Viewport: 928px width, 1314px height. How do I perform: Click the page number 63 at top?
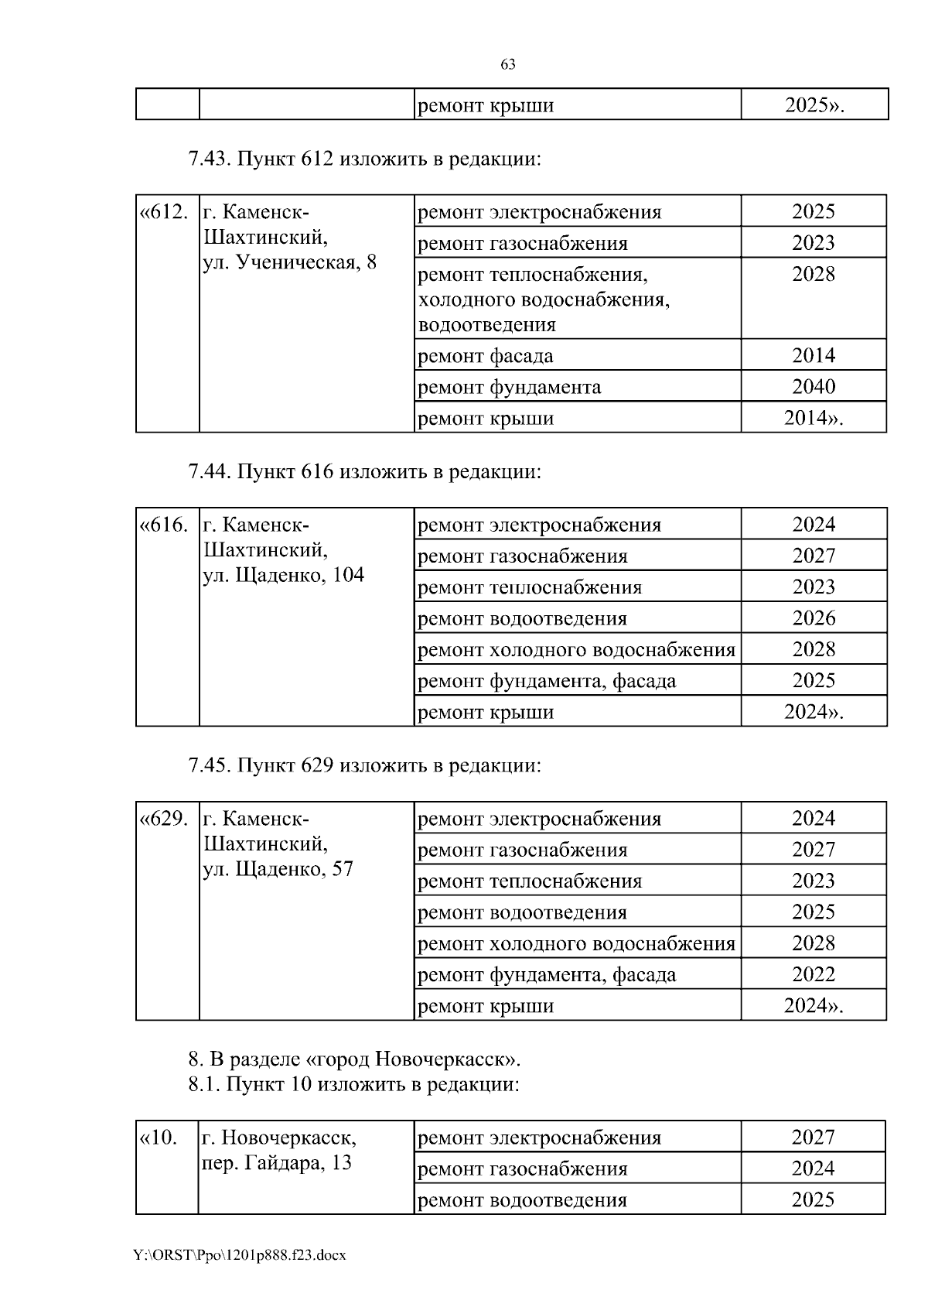[x=508, y=65]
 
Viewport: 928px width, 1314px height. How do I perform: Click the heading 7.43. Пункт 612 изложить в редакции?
[x=363, y=159]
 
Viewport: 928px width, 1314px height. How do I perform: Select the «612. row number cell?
[x=164, y=212]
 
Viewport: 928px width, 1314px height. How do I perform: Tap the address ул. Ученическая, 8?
[x=290, y=262]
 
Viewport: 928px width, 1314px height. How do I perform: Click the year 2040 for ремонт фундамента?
[x=814, y=386]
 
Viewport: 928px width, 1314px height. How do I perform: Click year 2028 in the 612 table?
[x=814, y=274]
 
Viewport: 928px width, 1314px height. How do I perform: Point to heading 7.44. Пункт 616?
[x=363, y=471]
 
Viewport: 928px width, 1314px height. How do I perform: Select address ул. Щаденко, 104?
[x=283, y=575]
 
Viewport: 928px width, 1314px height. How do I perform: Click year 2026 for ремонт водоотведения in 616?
[x=814, y=618]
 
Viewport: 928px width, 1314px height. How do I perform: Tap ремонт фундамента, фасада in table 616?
[x=547, y=681]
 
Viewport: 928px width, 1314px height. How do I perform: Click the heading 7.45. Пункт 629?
[x=363, y=765]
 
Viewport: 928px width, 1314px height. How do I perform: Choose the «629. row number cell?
[x=164, y=819]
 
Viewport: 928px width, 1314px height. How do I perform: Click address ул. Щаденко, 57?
[x=278, y=869]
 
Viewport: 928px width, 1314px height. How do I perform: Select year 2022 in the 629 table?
[x=814, y=974]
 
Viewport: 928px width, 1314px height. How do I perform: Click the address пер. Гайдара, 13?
[x=277, y=1162]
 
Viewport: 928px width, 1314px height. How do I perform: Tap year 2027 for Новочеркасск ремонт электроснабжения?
[x=814, y=1137]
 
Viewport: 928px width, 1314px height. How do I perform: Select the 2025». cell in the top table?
[x=814, y=105]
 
